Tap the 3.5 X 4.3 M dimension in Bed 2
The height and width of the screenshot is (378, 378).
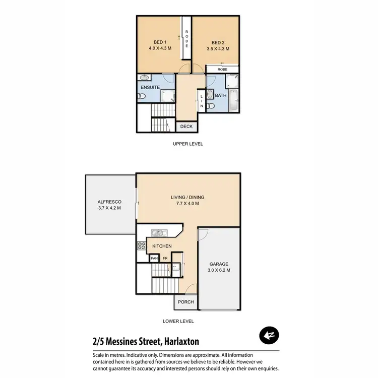pyautogui.click(x=218, y=49)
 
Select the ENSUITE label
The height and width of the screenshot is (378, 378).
pyautogui.click(x=150, y=87)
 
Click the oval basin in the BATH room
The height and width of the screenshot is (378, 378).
pyautogui.click(x=210, y=93)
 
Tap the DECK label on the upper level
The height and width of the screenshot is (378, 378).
pyautogui.click(x=186, y=127)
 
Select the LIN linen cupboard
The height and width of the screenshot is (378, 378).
pyautogui.click(x=202, y=101)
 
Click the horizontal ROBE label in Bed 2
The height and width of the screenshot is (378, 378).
pyautogui.click(x=222, y=70)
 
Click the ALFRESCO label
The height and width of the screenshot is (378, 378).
pyautogui.click(x=109, y=202)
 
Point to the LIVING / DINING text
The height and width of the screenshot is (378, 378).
pyautogui.click(x=187, y=197)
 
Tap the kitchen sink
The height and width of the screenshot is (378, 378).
pyautogui.click(x=158, y=233)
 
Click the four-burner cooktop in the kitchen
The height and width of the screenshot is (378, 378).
pyautogui.click(x=141, y=246)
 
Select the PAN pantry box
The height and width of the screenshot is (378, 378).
pyautogui.click(x=155, y=259)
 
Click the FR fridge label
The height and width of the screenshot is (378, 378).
pyautogui.click(x=165, y=259)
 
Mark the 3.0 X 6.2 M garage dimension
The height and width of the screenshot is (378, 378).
pyautogui.click(x=219, y=271)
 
